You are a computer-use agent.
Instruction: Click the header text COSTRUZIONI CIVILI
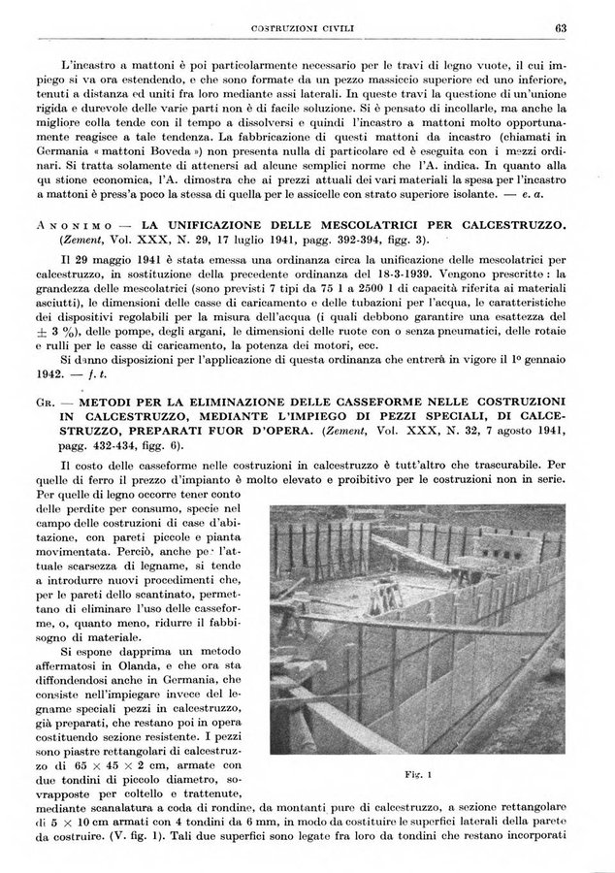point(307,27)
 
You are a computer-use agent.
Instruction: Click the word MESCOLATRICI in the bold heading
point(340,225)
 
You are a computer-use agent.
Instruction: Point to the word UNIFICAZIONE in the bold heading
point(196,225)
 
